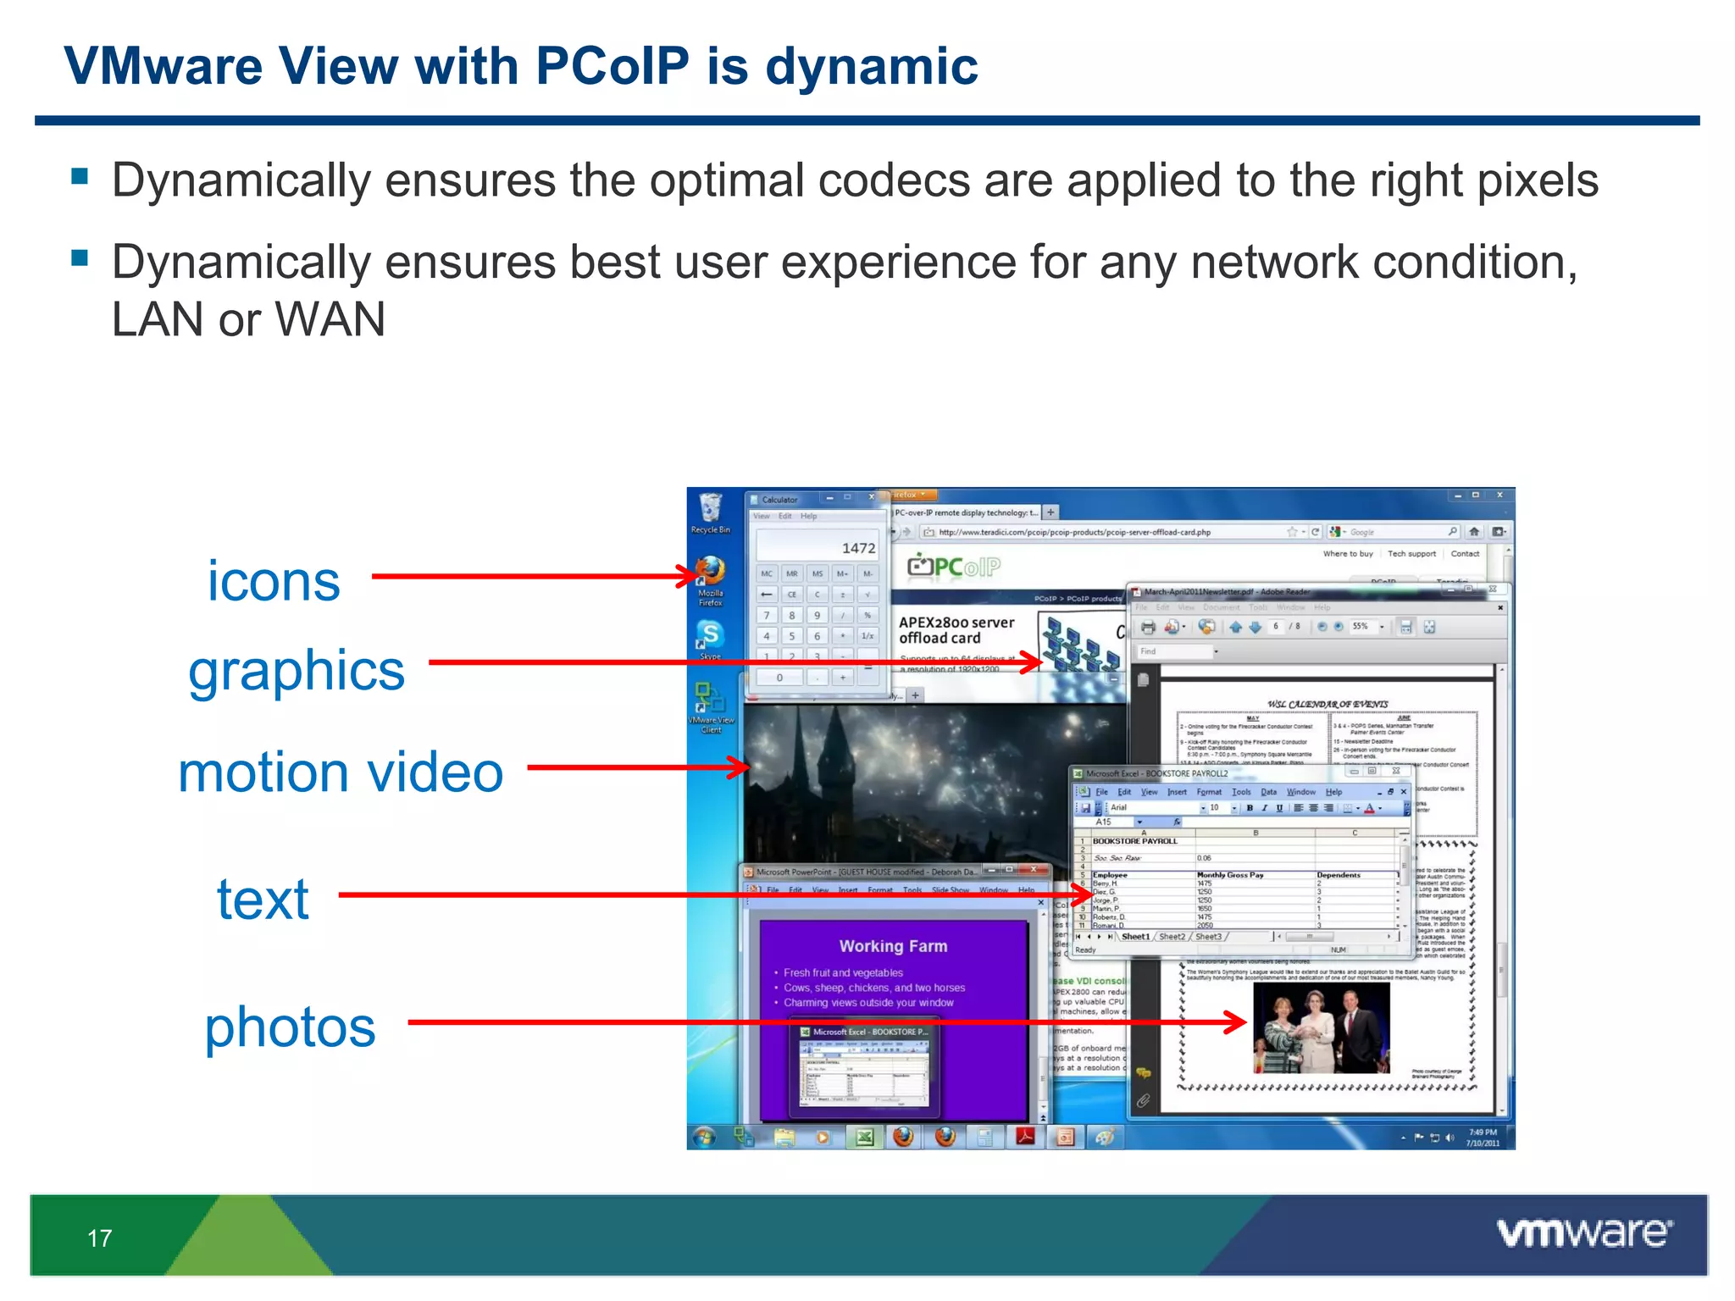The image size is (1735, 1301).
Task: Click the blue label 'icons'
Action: click(274, 582)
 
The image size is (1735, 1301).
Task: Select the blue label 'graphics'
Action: click(297, 671)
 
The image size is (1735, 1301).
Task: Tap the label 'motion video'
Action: click(341, 772)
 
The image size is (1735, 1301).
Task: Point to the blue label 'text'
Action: click(263, 899)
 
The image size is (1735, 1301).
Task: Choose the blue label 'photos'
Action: click(290, 1027)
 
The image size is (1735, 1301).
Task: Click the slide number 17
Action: click(99, 1238)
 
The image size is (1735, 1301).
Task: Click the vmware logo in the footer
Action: click(1583, 1233)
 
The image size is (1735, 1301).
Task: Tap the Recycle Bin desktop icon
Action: click(710, 510)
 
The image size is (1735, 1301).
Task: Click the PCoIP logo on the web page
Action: click(954, 566)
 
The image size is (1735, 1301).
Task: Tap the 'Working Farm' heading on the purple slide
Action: click(893, 946)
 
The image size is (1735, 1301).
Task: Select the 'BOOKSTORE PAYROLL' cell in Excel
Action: click(1134, 841)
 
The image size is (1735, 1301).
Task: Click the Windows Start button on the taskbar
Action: click(704, 1137)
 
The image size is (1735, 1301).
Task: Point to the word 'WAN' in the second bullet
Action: click(330, 319)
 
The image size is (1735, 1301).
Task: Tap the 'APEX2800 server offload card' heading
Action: click(956, 630)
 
